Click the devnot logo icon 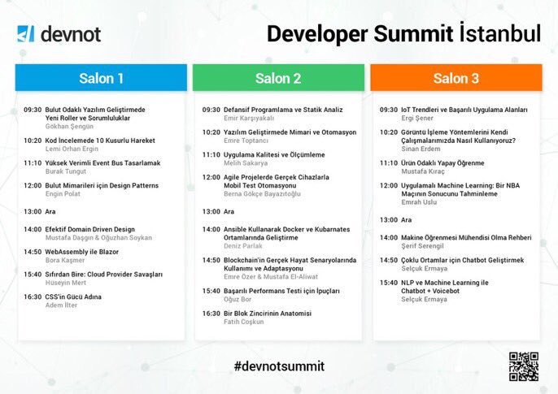tap(25, 34)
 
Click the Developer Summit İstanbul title tap(403, 33)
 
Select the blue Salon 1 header tap(101, 78)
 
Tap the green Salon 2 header tap(278, 78)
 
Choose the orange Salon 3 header tap(456, 78)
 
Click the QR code tap(524, 366)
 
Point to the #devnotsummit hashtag tap(278, 366)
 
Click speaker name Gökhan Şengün tap(69, 126)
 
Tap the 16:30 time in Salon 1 tap(33, 297)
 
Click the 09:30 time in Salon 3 tap(388, 110)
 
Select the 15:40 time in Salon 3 tap(388, 283)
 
